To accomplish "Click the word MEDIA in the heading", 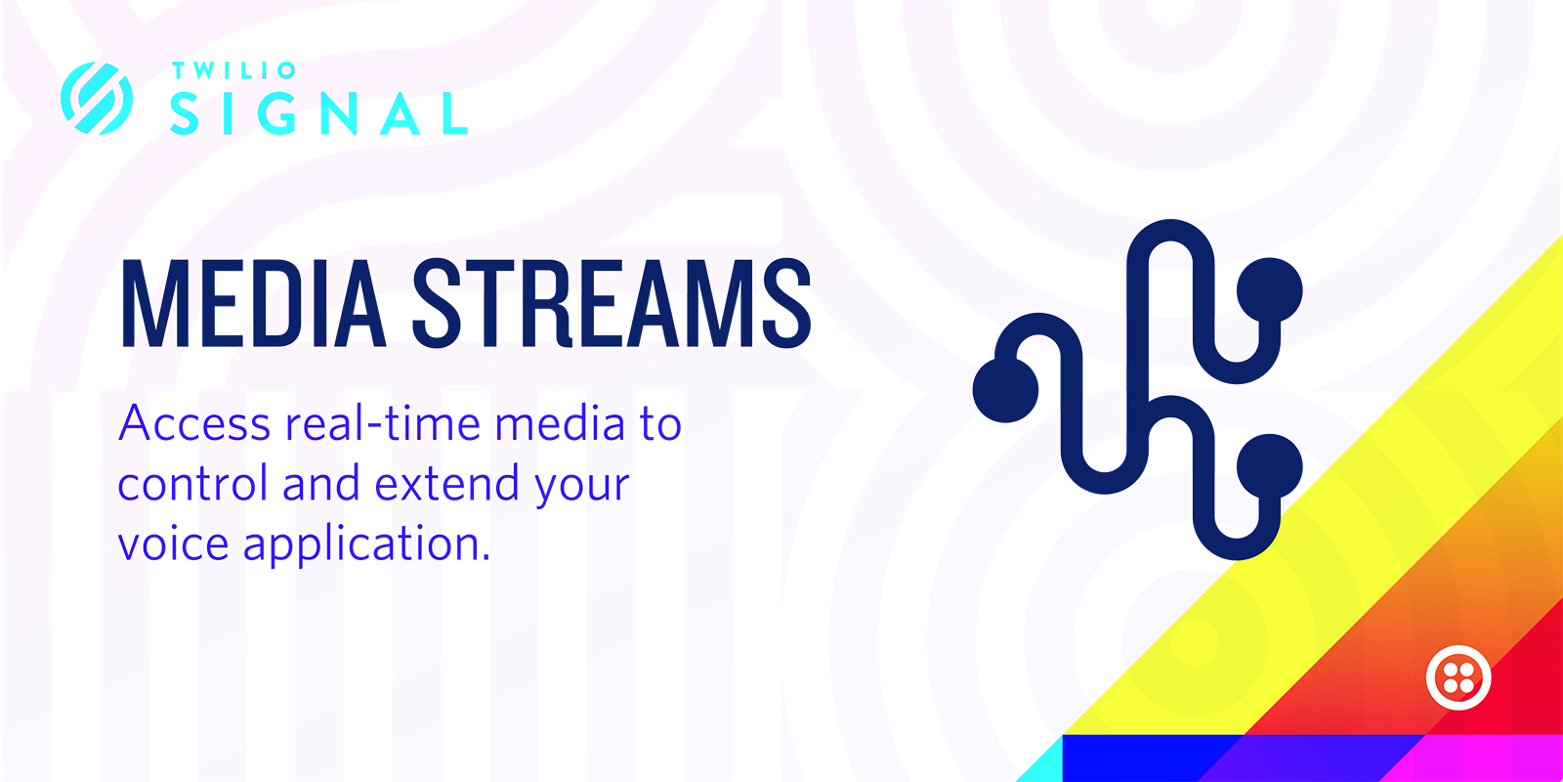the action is tap(254, 304).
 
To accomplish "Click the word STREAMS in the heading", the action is tap(612, 304).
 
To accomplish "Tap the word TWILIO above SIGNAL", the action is tap(233, 70).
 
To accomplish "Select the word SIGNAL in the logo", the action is tap(318, 113).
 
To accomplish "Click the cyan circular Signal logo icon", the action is tap(97, 98).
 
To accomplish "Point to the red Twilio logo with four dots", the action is tap(1458, 677).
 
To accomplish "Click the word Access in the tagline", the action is tap(194, 424).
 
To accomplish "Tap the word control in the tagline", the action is tap(192, 483).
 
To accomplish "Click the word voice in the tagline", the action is tap(174, 543).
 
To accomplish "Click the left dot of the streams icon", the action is tap(1005, 390).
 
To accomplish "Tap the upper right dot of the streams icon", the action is tap(1270, 290).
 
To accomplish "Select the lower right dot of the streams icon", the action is tap(1270, 466).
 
